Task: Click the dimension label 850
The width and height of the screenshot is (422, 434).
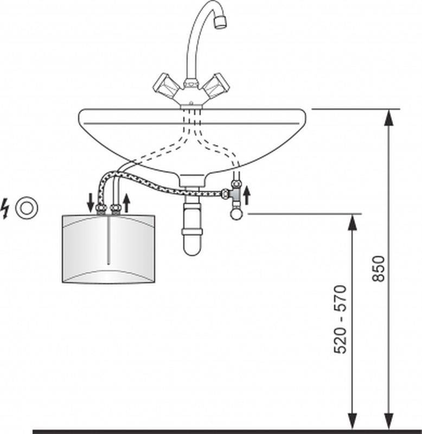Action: (x=378, y=269)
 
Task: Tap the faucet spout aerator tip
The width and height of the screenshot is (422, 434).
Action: (x=221, y=22)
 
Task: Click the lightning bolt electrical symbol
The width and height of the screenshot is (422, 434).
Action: (x=5, y=208)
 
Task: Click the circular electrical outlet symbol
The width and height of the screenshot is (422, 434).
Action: (x=27, y=208)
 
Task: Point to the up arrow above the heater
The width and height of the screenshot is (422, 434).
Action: (x=126, y=203)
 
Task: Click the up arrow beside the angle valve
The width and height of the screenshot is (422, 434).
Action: (x=247, y=195)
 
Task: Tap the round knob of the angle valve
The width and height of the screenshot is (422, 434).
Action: (x=236, y=214)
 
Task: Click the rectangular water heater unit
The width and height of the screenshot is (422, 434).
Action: (x=108, y=249)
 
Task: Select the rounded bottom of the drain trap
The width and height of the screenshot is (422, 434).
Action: (x=192, y=246)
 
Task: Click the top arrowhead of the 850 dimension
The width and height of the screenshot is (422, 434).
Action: (x=389, y=118)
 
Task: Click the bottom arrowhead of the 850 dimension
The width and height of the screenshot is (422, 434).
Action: (x=389, y=422)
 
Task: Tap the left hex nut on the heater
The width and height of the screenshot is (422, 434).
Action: (x=101, y=208)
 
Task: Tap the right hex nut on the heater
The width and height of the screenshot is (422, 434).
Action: (x=116, y=208)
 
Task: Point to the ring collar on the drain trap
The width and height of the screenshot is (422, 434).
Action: (x=192, y=232)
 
